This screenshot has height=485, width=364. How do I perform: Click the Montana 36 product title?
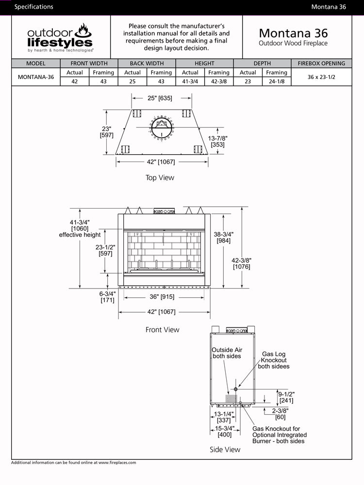(x=293, y=33)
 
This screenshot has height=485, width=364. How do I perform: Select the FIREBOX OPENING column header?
(x=321, y=64)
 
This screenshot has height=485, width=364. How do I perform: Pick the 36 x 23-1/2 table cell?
(x=321, y=77)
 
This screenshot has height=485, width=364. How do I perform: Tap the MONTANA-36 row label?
(x=36, y=77)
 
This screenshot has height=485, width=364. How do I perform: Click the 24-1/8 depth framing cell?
(x=277, y=81)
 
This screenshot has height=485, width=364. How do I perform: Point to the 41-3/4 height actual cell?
(x=190, y=81)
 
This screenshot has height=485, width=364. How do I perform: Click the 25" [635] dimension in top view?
(x=160, y=98)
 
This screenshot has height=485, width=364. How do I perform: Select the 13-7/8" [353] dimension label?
(x=217, y=141)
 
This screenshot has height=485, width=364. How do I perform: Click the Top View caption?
(x=160, y=178)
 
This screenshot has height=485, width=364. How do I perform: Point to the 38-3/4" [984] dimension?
(x=224, y=237)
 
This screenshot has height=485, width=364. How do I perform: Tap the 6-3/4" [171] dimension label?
(x=107, y=297)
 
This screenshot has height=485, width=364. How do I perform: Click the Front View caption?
(x=162, y=330)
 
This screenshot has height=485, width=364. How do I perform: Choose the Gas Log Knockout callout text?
(x=274, y=360)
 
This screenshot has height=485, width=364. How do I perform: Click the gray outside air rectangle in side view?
(x=231, y=398)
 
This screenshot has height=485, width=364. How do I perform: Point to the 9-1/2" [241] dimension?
(x=286, y=397)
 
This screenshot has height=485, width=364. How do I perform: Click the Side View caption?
(x=225, y=450)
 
